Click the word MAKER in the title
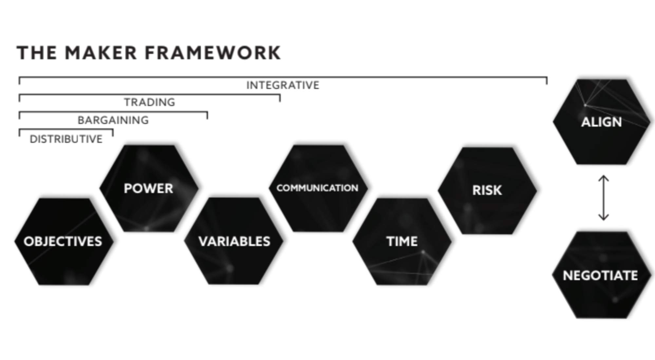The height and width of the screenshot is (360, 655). [x=101, y=53]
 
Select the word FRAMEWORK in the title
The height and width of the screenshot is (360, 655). [x=213, y=53]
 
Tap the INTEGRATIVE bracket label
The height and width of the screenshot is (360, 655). [x=283, y=85]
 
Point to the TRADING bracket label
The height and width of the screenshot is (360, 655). [x=149, y=102]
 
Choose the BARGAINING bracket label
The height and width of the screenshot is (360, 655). [x=113, y=120]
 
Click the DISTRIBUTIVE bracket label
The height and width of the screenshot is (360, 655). [x=66, y=139]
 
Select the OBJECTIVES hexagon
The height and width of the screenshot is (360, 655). [x=64, y=242]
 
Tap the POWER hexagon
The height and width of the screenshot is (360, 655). [x=149, y=189]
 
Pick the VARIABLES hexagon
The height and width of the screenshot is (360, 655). [x=234, y=241]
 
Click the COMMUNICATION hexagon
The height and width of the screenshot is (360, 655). [x=318, y=188]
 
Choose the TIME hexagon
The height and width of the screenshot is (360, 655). [x=402, y=242]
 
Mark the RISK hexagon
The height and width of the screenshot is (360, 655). [x=487, y=190]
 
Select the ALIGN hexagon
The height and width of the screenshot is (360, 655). [x=602, y=122]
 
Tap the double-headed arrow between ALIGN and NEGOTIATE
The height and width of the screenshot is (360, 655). [x=604, y=198]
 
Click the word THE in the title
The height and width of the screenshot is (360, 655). [x=37, y=53]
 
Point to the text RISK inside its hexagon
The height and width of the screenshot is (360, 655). [x=487, y=190]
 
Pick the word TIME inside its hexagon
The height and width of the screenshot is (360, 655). [x=402, y=242]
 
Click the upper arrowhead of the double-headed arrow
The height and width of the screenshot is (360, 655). [x=604, y=178]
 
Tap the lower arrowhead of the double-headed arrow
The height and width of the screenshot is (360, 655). [x=604, y=218]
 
